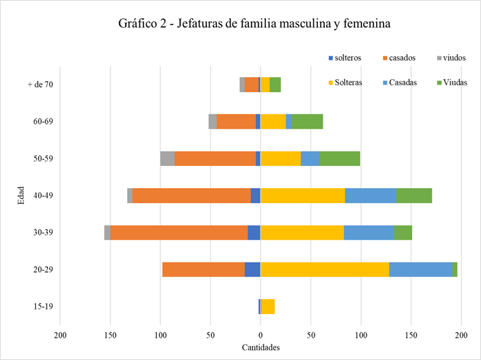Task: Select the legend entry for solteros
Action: click(x=348, y=58)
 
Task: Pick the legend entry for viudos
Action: click(x=455, y=58)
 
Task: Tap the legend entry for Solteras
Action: click(x=348, y=83)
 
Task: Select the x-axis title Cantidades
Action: click(x=260, y=348)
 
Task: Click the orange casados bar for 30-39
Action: click(x=179, y=232)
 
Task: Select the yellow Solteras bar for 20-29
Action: click(x=325, y=269)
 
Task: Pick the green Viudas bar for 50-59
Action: click(x=340, y=158)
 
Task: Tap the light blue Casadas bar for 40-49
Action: click(x=370, y=196)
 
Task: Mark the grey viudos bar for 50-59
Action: click(x=167, y=158)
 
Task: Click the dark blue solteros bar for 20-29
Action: click(x=252, y=269)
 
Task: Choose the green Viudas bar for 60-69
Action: click(x=307, y=122)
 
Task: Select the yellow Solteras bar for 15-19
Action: click(x=268, y=307)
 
